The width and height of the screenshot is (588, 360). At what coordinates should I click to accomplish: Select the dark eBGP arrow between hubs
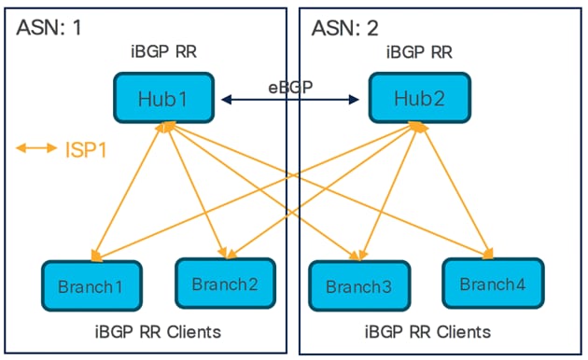click(292, 97)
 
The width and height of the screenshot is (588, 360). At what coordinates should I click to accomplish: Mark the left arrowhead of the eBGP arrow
click(225, 97)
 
